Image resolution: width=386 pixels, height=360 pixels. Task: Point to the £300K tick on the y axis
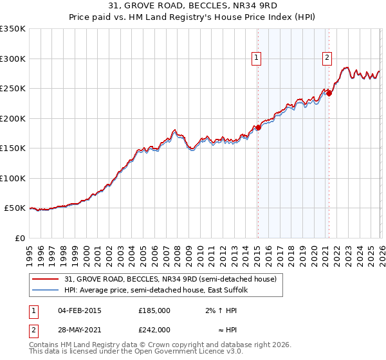13,59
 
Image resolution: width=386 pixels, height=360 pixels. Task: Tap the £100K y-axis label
13,178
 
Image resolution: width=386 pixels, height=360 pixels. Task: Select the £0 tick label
20,238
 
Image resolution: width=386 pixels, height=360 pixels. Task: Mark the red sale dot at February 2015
258,127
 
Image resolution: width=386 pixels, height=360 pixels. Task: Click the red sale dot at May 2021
329,93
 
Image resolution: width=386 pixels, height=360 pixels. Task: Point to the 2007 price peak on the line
174,130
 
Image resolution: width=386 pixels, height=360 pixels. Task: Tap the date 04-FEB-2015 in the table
79,310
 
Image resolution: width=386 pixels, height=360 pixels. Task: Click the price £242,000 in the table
154,329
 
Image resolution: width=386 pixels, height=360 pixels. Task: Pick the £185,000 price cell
154,310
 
